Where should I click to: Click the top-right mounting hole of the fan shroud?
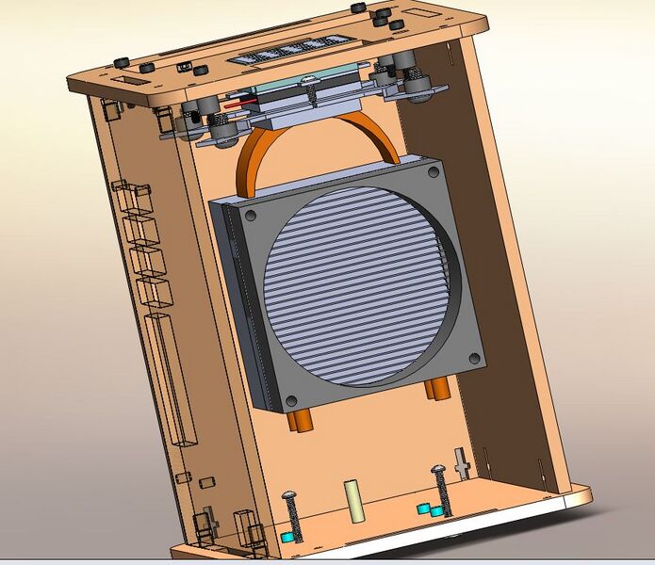(432, 173)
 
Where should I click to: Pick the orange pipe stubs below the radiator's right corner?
(435, 387)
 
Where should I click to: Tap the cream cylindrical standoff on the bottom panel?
(356, 501)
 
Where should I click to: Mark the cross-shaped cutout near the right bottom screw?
(461, 462)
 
